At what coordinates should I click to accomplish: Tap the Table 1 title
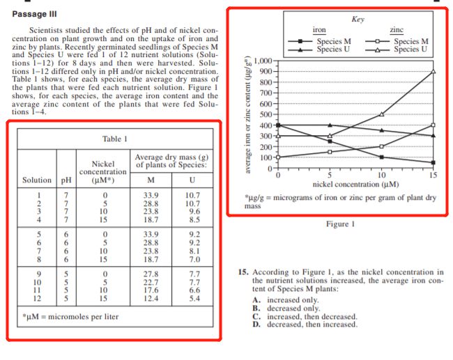(x=114, y=139)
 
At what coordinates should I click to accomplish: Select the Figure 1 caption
(x=341, y=224)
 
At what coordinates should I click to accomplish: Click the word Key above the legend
(x=358, y=19)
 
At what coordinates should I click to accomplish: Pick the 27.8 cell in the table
(x=151, y=274)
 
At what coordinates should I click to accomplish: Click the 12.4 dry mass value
(x=151, y=298)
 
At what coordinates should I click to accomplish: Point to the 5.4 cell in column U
(x=195, y=298)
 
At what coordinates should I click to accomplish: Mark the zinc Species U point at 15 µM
(x=433, y=71)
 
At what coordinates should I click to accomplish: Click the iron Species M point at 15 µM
(x=433, y=162)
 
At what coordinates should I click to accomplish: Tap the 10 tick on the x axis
(x=381, y=175)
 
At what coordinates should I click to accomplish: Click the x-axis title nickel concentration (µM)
(x=355, y=184)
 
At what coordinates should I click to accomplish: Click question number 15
(x=238, y=272)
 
